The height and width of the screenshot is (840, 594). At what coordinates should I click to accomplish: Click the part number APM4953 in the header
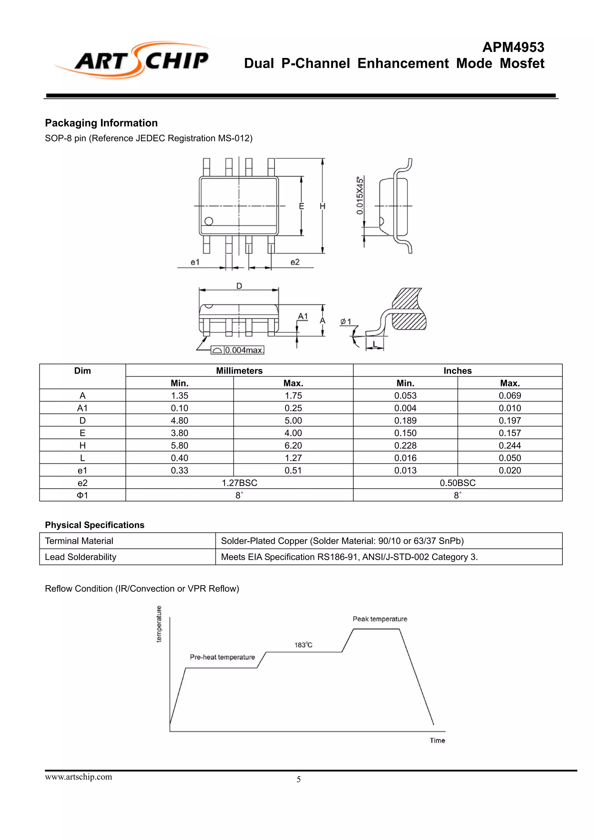point(513,47)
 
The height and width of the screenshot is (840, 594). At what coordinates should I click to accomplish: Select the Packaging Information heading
point(101,123)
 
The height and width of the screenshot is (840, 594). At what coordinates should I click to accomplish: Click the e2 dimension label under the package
point(295,262)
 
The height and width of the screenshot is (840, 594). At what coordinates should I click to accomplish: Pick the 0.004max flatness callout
point(243,350)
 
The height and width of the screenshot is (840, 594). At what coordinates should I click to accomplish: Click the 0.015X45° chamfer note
point(360,196)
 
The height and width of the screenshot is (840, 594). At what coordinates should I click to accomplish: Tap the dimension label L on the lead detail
point(374,344)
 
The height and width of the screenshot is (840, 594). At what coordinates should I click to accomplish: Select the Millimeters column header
point(239,371)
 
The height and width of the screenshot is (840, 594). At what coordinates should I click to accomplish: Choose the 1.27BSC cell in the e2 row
point(239,483)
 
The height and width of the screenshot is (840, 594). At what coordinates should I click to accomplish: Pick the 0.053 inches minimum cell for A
point(405,395)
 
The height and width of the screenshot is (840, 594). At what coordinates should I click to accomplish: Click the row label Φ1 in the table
point(82,495)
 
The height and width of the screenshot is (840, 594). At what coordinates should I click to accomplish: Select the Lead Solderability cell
point(81,557)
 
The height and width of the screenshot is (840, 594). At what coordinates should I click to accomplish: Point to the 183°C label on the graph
point(303,645)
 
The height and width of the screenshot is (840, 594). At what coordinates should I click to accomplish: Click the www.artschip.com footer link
point(78,777)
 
